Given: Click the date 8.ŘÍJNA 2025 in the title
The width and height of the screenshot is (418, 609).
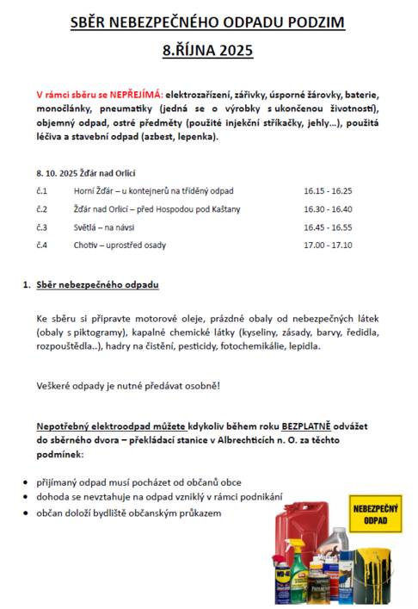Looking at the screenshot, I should coord(208,51).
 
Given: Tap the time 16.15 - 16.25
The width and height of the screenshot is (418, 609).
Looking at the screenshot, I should coord(328,191).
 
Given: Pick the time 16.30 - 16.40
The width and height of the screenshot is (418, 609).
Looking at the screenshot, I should coord(328,209).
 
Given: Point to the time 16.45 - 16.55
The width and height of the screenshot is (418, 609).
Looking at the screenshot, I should coord(328,227).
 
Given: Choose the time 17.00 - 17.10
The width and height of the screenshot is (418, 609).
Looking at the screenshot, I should coord(328,245).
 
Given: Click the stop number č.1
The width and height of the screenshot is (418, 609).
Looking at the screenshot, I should coord(42,191).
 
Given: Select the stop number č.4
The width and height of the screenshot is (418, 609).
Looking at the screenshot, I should coord(42,245).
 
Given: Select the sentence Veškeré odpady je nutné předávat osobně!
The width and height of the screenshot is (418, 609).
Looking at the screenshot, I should coord(127,384).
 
